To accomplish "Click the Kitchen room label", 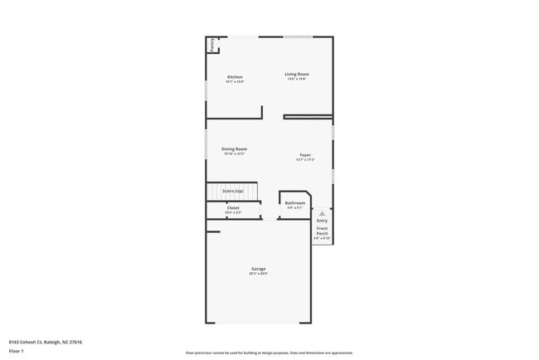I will tap(236, 77).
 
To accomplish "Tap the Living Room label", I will tap(297, 75).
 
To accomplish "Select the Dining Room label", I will tap(234, 148).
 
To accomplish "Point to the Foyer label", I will tap(305, 155).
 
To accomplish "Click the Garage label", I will tap(259, 269).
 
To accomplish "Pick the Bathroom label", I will tap(295, 202).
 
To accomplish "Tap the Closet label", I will tap(233, 208).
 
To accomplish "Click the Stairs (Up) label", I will tap(232, 191).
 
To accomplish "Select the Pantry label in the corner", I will tap(211, 45).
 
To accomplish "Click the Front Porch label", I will tap(322, 232).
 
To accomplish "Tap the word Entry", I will tap(322, 221).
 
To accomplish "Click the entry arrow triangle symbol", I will tap(322, 212).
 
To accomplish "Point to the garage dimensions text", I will tap(259, 274).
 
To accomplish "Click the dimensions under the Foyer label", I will tap(305, 160).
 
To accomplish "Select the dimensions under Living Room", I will tap(297, 80).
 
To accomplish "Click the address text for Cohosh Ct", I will tap(46, 342).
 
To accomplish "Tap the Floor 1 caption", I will tap(17, 352).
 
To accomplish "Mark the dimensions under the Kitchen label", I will tap(236, 82).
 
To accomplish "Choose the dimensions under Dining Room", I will tap(234, 153).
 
